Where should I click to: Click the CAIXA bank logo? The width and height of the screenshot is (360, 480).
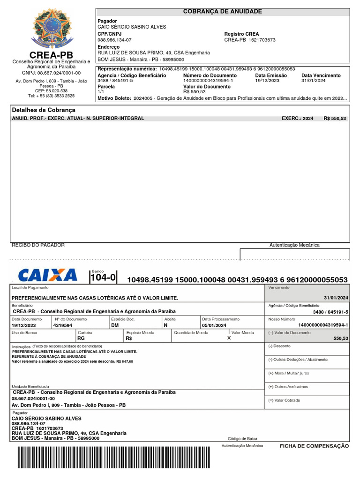point(47,275)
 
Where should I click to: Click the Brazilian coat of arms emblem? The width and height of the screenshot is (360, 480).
point(51,29)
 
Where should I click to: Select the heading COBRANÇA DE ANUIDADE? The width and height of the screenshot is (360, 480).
point(222,11)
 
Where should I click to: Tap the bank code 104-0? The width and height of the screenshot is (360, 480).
point(103,277)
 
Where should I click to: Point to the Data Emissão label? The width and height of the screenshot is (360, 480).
point(270,75)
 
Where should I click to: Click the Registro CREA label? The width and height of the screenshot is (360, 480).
point(241,34)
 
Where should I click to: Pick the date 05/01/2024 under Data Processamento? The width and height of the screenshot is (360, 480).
point(214,325)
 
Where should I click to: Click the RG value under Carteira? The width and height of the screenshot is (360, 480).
point(81,338)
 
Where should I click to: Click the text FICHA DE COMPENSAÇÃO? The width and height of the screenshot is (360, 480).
point(314,446)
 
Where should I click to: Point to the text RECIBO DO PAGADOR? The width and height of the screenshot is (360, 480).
point(38,245)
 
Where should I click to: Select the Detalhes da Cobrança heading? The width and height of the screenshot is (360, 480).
point(43,110)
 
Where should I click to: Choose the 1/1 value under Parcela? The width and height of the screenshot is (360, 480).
point(101,92)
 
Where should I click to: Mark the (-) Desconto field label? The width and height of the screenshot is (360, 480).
point(279,346)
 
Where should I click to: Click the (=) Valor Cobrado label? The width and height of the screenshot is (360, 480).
point(284,400)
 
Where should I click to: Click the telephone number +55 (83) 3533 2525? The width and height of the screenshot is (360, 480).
point(51,96)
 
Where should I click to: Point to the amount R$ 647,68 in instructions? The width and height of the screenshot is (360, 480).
point(124,361)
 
